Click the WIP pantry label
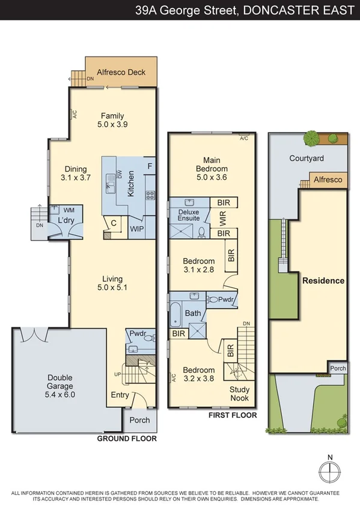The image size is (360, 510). tap(137, 229)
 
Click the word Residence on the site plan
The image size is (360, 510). tap(323, 281)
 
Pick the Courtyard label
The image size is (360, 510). tap(307, 159)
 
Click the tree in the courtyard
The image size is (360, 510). tap(311, 138)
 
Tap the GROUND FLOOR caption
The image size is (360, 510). tap(127, 439)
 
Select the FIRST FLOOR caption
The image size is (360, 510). tap(232, 416)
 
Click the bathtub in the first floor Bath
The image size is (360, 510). tap(175, 315)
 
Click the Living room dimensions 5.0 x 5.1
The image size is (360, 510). tap(112, 287)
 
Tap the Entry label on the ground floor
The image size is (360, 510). tap(120, 395)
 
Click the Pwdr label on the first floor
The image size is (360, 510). tap(225, 300)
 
